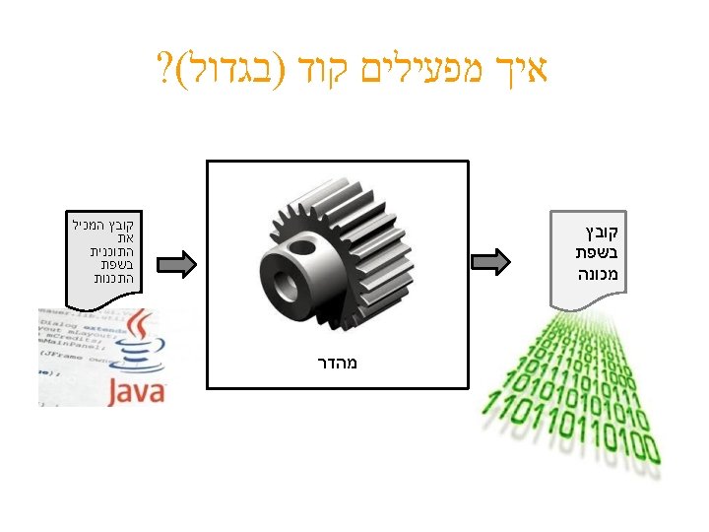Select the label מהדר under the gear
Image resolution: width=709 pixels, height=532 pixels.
pos(336,363)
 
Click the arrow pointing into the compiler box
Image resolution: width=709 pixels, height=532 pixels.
pos(178,263)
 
